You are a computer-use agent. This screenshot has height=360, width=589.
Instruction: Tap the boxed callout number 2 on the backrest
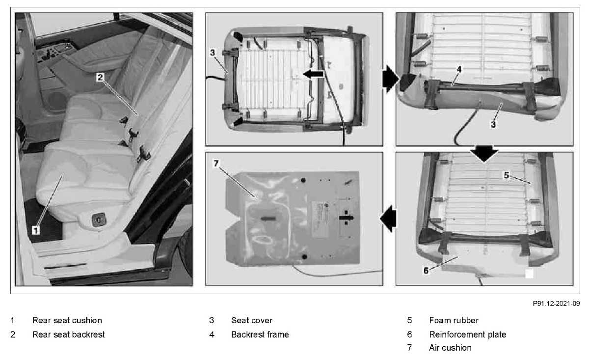coord(100,77)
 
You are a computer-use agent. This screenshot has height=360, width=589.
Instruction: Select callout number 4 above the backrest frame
coord(458,69)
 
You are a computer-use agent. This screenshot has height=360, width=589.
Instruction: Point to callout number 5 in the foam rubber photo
coord(507,174)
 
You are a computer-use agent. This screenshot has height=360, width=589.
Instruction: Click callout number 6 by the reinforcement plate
coord(426,270)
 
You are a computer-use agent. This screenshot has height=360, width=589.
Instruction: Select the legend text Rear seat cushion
coord(67,320)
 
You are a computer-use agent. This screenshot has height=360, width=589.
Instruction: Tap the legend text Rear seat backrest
coord(68,334)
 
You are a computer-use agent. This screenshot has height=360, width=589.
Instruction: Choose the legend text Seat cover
coord(252,320)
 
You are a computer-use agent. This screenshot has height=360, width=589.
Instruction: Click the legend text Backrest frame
coord(260,334)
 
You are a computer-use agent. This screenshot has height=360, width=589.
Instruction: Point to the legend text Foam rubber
coord(454,320)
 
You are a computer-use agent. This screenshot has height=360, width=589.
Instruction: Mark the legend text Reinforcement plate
coord(467,334)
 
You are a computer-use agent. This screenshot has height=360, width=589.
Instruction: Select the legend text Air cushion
coord(450,348)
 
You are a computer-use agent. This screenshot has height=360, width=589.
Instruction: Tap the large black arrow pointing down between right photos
coord(483,153)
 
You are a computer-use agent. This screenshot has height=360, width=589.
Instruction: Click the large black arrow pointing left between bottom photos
coord(389,219)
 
